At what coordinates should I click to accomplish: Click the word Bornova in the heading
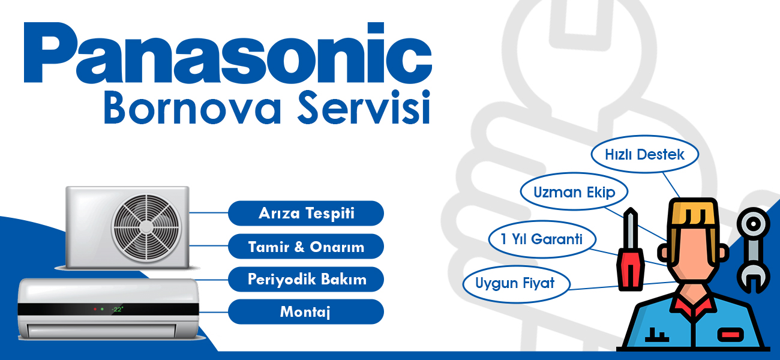[x=192, y=107]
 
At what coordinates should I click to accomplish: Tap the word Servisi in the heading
[x=364, y=107]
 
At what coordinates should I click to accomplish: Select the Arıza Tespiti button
[x=306, y=213]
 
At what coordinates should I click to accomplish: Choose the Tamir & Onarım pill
[x=306, y=246]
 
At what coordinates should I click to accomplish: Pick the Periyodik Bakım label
[x=306, y=279]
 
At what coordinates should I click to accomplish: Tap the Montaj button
[x=306, y=311]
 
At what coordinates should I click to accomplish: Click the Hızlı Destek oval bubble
[x=645, y=154]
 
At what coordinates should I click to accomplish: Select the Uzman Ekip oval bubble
[x=574, y=191]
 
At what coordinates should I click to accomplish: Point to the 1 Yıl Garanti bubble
[x=542, y=239]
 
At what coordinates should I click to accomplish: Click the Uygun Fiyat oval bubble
[x=516, y=284]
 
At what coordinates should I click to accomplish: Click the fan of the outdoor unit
[x=146, y=227]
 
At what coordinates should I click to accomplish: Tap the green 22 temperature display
[x=118, y=309]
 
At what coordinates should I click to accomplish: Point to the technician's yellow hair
[x=694, y=213]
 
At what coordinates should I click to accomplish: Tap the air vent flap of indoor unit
[x=102, y=331]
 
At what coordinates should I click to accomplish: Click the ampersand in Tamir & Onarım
[x=299, y=247]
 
